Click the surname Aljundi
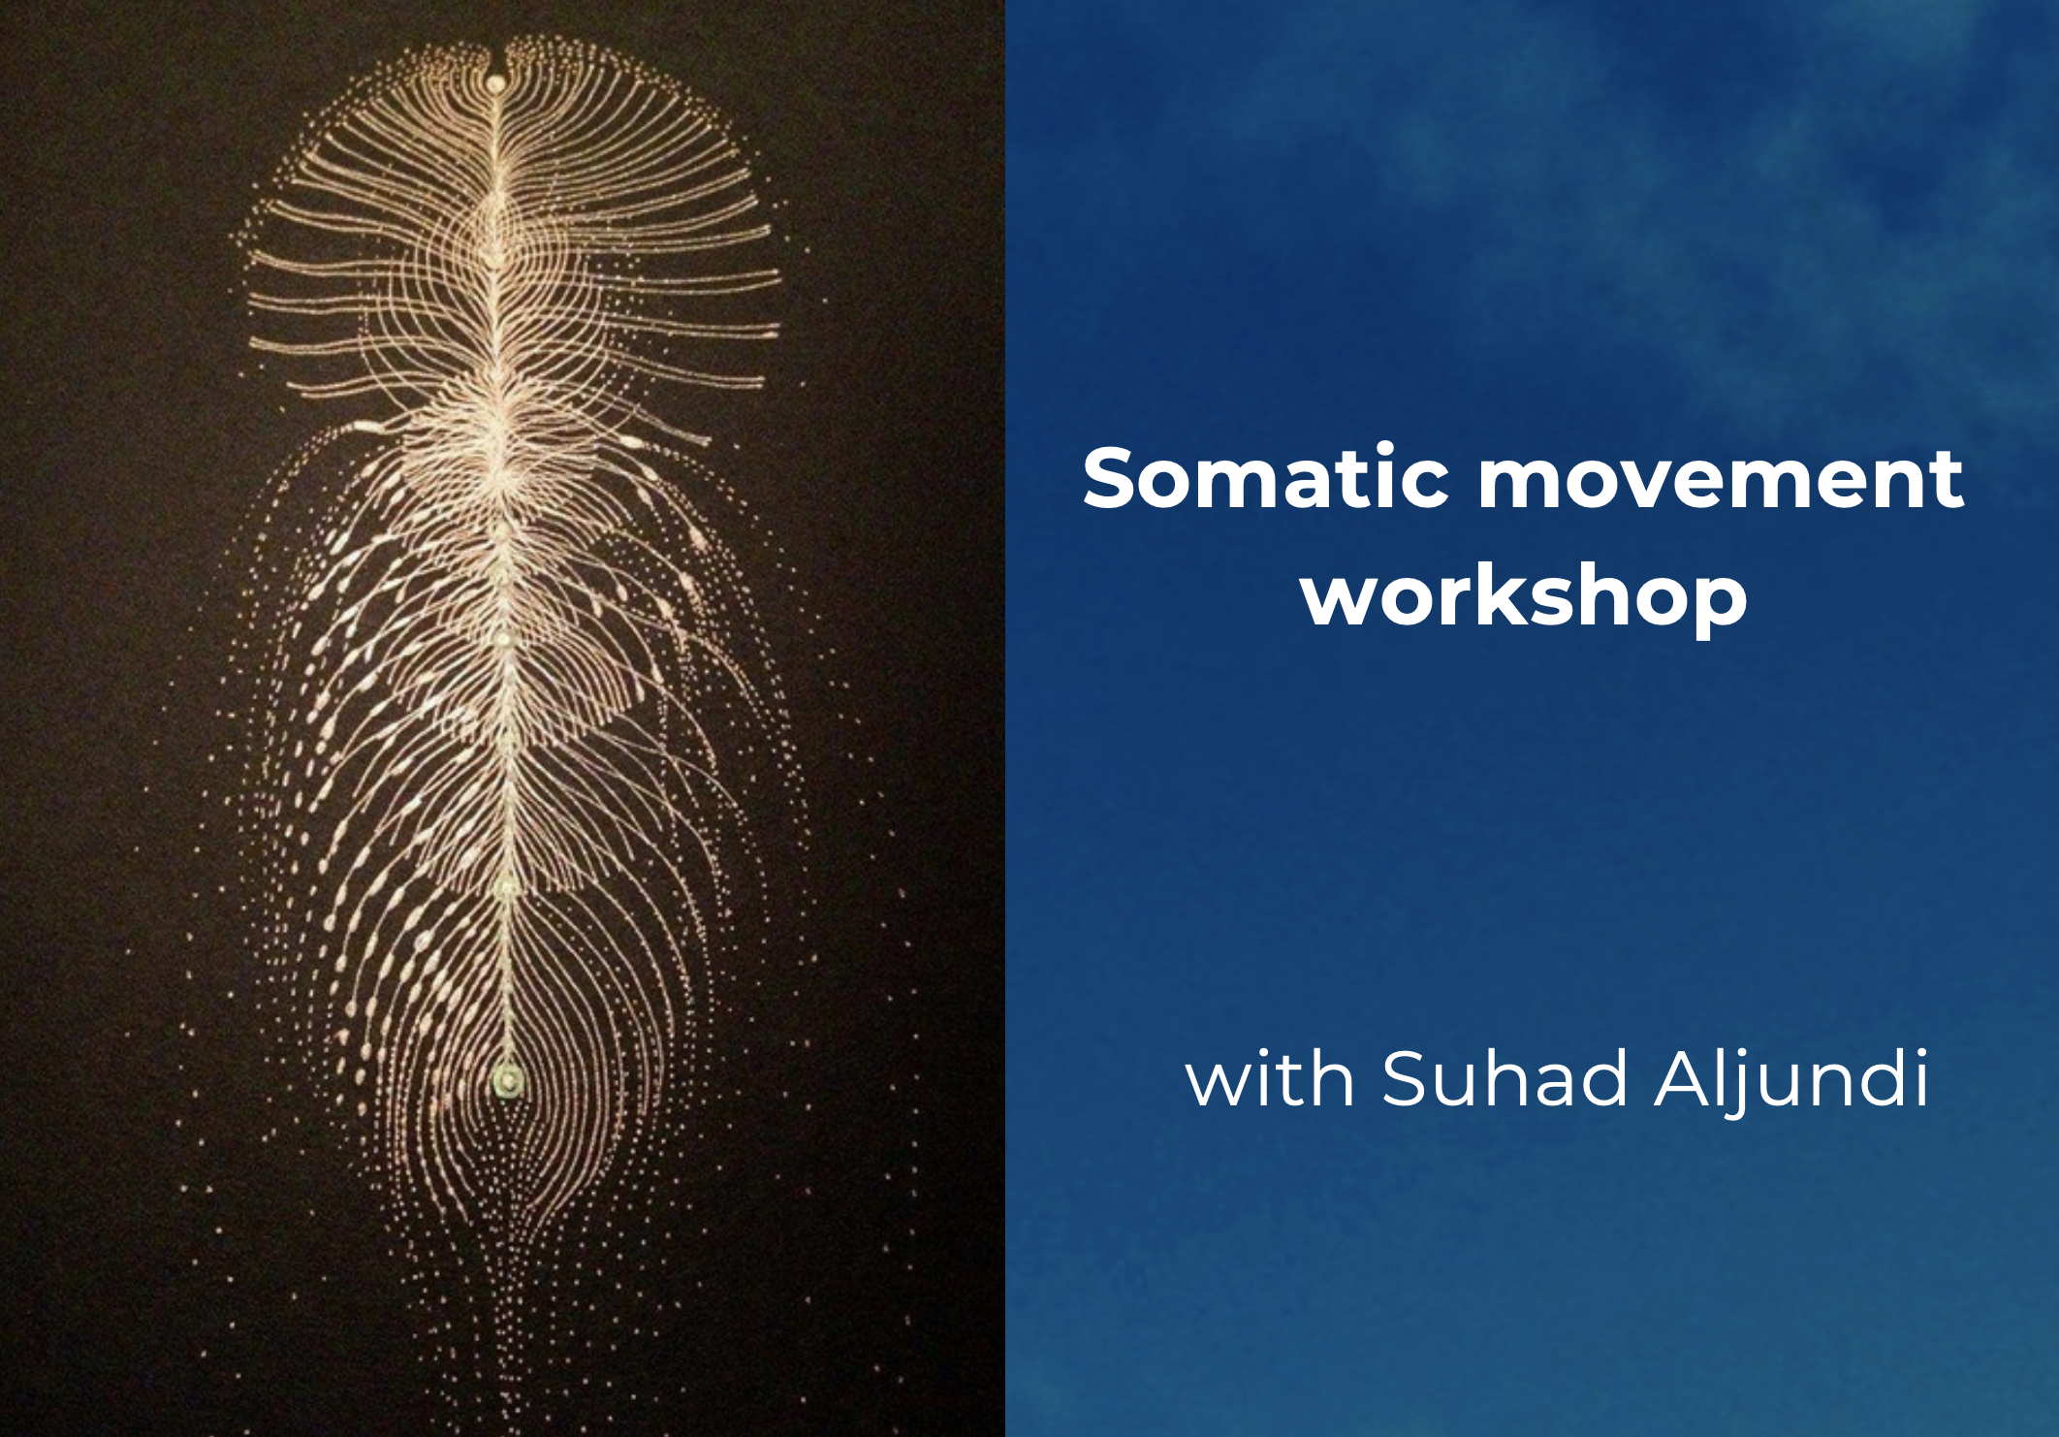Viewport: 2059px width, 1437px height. (x=1791, y=1080)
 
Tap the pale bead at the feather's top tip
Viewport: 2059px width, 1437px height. (x=495, y=83)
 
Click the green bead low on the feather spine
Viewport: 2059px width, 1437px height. (x=507, y=1077)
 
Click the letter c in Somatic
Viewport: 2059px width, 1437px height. (x=1424, y=488)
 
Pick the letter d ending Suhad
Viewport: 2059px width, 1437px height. (x=1601, y=1077)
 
